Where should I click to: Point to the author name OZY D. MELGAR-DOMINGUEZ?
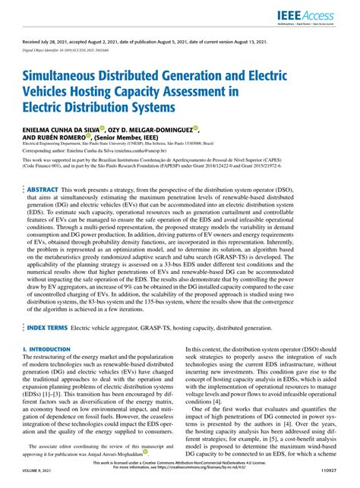(153, 131)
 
